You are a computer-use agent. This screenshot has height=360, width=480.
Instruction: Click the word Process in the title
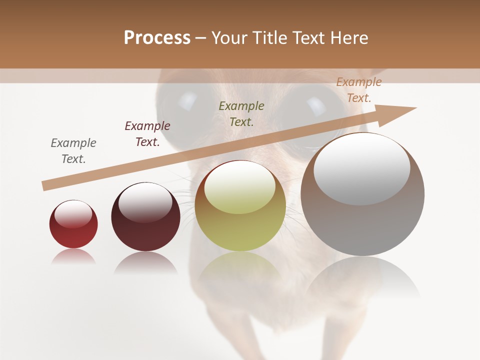[157, 38]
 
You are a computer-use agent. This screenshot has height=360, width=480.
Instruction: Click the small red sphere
[73, 232]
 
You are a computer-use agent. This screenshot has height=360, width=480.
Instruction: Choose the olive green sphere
[240, 225]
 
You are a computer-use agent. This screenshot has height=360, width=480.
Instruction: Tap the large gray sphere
[362, 220]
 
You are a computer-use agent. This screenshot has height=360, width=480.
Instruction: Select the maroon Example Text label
[147, 134]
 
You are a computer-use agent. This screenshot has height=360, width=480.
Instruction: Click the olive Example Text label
[241, 114]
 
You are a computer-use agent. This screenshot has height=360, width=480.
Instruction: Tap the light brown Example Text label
[358, 90]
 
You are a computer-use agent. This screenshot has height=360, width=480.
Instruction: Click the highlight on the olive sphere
[240, 188]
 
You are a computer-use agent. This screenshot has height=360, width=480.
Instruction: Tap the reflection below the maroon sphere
[145, 262]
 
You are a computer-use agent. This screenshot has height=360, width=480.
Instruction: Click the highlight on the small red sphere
[73, 214]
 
